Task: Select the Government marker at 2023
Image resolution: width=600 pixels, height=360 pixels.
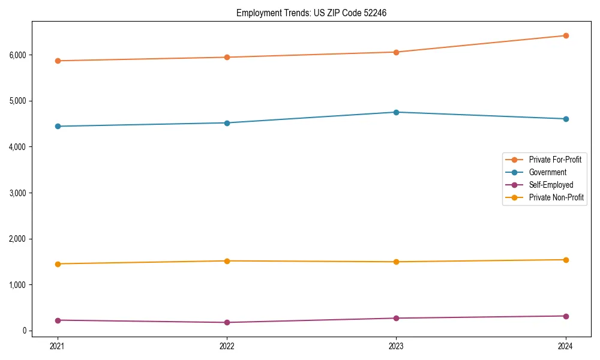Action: click(x=396, y=112)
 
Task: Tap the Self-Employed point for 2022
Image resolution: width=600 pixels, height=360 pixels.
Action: click(x=227, y=322)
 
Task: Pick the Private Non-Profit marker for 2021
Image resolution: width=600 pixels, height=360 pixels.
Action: click(x=58, y=264)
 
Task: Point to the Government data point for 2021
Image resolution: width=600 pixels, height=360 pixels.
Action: click(x=58, y=126)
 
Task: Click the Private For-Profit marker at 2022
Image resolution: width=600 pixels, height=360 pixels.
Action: click(x=227, y=57)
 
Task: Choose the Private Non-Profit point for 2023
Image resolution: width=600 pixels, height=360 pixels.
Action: click(x=396, y=262)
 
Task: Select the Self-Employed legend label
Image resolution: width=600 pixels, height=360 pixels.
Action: click(x=551, y=185)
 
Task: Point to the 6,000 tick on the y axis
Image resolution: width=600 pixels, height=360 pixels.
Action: click(x=19, y=55)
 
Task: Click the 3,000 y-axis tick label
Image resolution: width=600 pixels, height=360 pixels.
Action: click(x=19, y=193)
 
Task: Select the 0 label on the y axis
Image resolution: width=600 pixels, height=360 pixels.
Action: click(x=26, y=331)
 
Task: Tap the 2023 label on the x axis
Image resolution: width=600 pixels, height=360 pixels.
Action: click(x=396, y=346)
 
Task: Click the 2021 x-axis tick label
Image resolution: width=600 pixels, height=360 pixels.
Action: click(x=58, y=346)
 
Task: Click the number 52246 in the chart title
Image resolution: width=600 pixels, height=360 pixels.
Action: click(x=374, y=13)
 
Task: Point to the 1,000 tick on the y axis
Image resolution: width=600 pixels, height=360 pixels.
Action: click(x=19, y=284)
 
